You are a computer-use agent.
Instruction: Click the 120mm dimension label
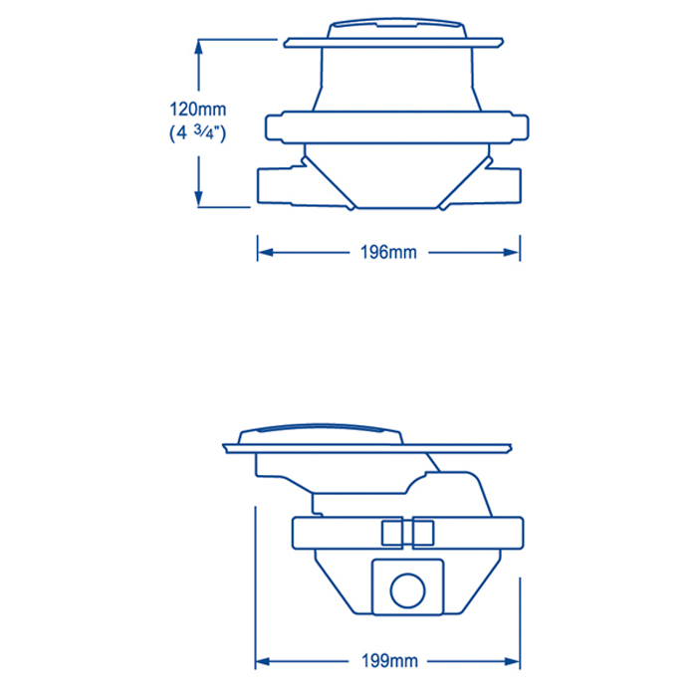coord(198,110)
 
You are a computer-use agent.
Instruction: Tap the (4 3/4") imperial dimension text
coord(198,132)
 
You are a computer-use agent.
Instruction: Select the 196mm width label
coord(388,253)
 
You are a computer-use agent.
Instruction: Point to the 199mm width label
coord(389,661)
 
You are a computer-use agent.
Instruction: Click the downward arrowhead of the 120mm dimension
coord(198,198)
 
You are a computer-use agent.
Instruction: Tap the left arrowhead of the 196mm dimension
coord(266,253)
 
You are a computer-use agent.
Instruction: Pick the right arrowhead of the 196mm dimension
coord(511,253)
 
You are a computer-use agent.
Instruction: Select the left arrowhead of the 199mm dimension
coord(263,662)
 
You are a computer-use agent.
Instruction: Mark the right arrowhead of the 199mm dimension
coord(512,662)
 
